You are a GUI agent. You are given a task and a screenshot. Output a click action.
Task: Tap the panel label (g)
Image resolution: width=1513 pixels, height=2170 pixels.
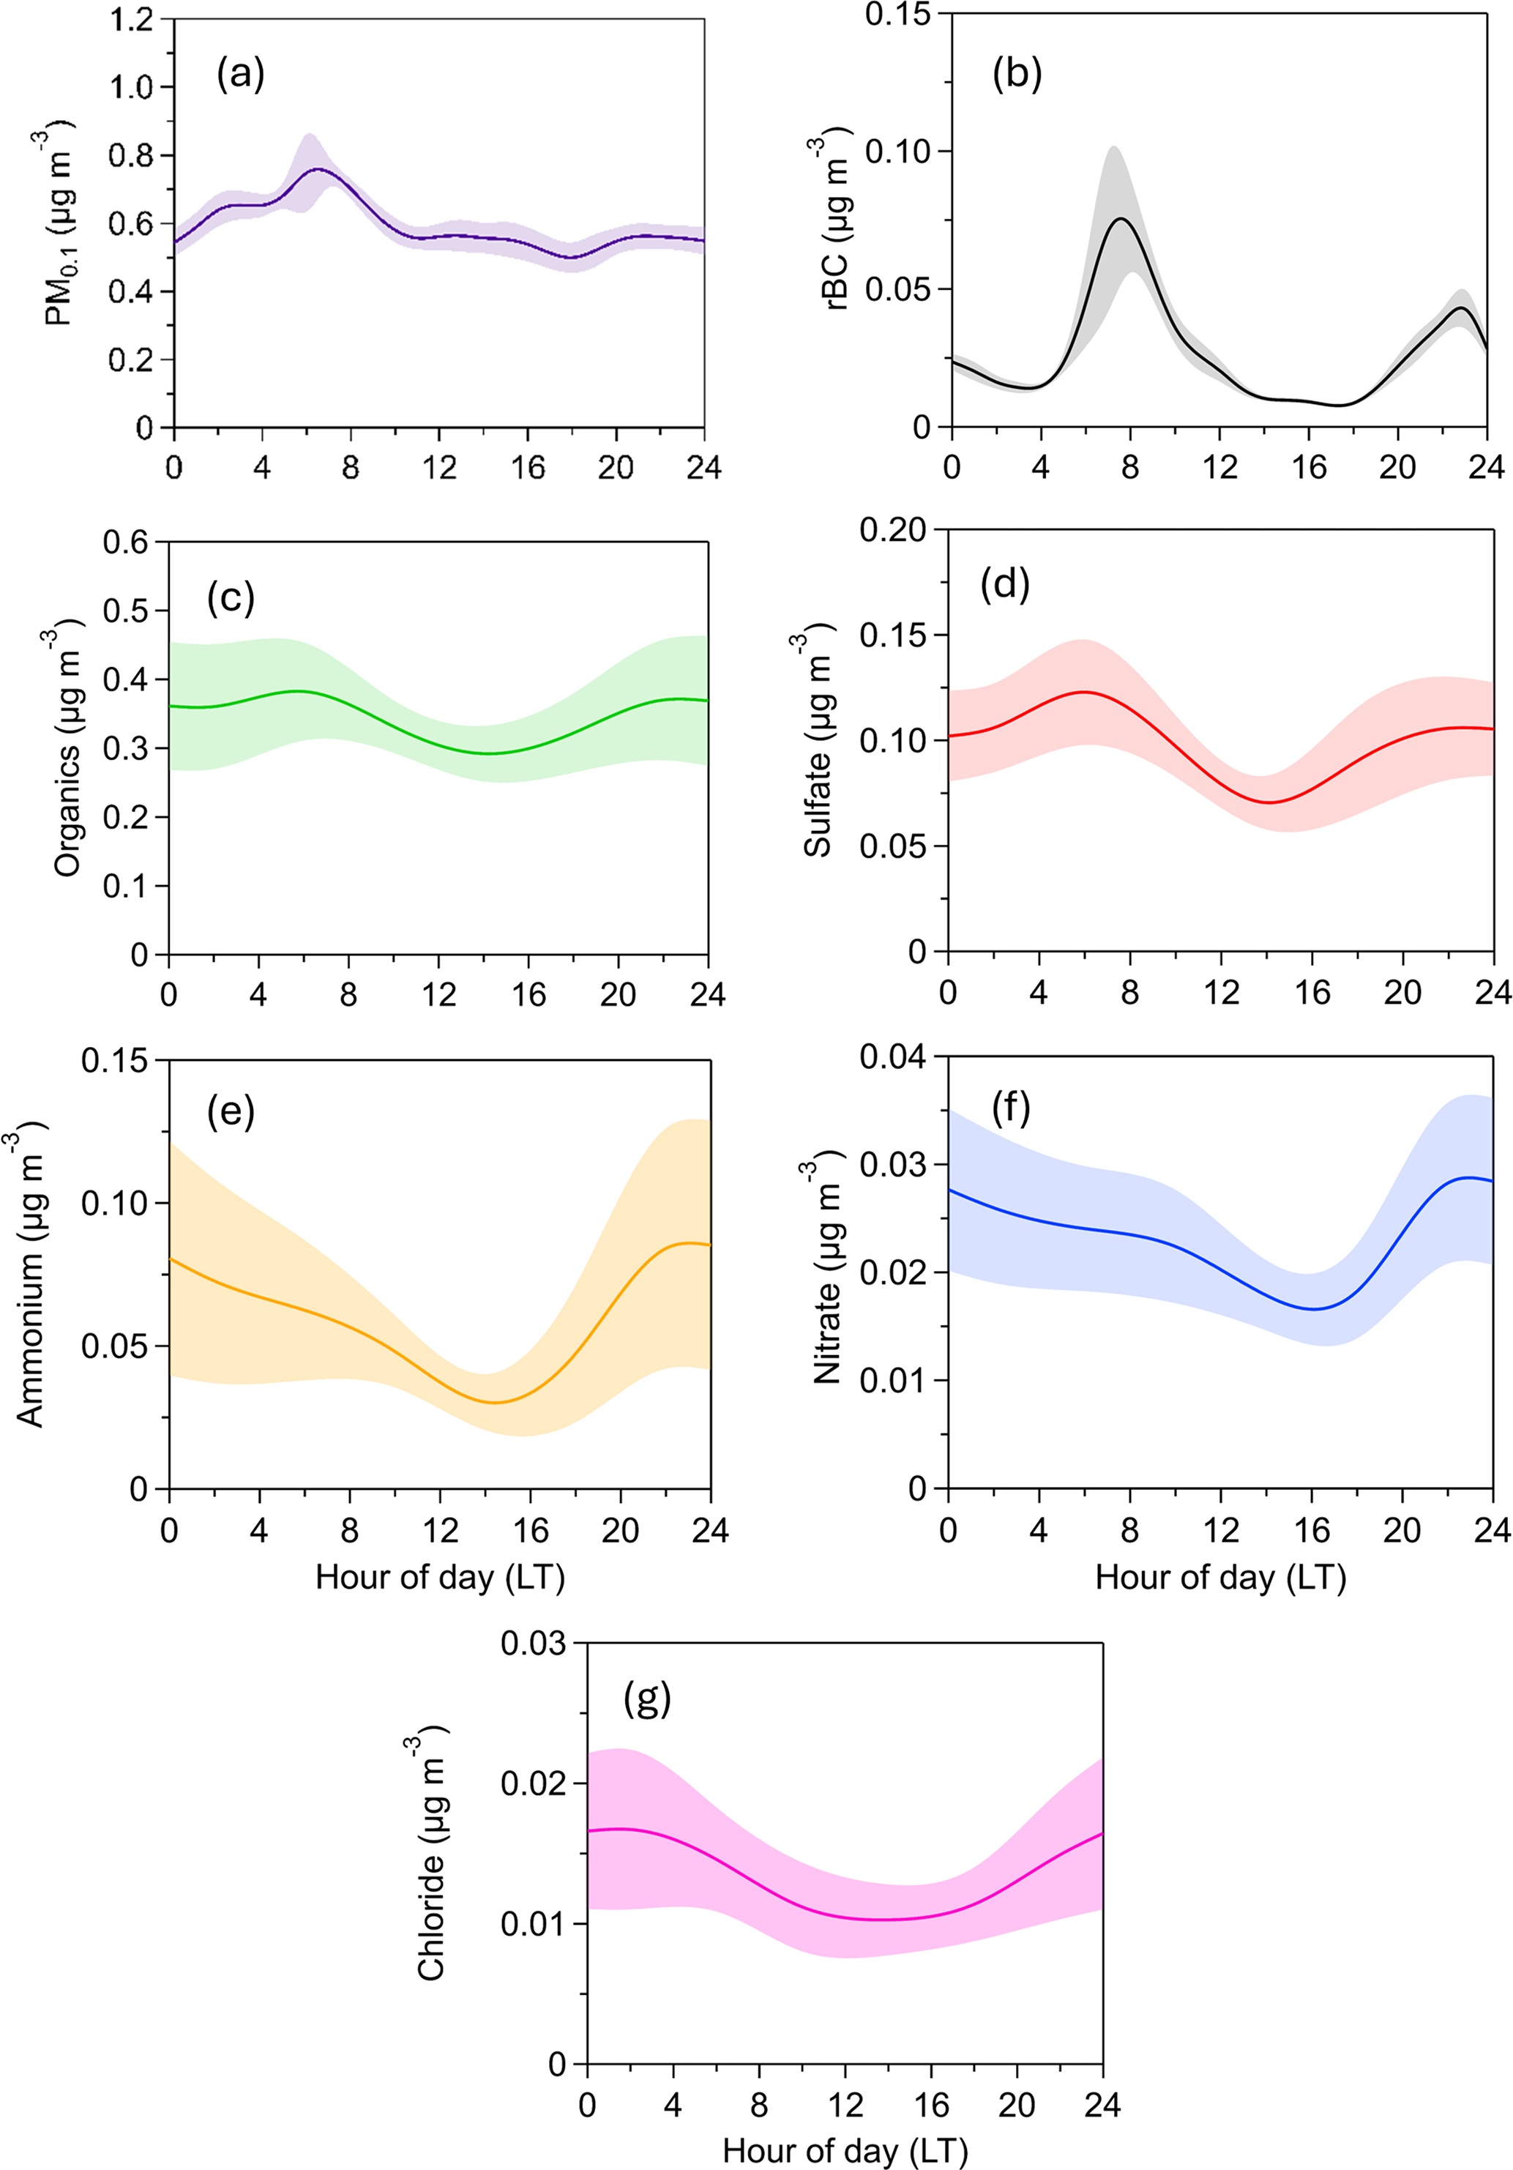(x=647, y=1699)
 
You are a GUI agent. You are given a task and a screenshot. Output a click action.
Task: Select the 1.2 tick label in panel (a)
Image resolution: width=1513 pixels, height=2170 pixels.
(x=130, y=19)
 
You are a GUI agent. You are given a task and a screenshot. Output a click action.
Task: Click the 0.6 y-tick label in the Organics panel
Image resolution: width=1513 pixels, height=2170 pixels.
(x=126, y=542)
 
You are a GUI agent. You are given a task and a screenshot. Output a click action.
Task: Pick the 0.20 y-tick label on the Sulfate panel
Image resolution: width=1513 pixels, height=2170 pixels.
(x=893, y=530)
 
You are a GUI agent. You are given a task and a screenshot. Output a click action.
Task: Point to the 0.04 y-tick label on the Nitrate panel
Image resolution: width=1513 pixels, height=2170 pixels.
(x=893, y=1056)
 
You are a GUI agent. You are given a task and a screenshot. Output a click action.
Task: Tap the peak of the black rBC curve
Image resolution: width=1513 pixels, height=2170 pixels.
(x=1121, y=218)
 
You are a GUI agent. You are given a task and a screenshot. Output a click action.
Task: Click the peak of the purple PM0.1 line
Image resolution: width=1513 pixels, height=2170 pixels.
(x=318, y=169)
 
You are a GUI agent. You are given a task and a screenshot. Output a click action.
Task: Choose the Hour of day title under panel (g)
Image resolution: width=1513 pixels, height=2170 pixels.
(x=845, y=2151)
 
